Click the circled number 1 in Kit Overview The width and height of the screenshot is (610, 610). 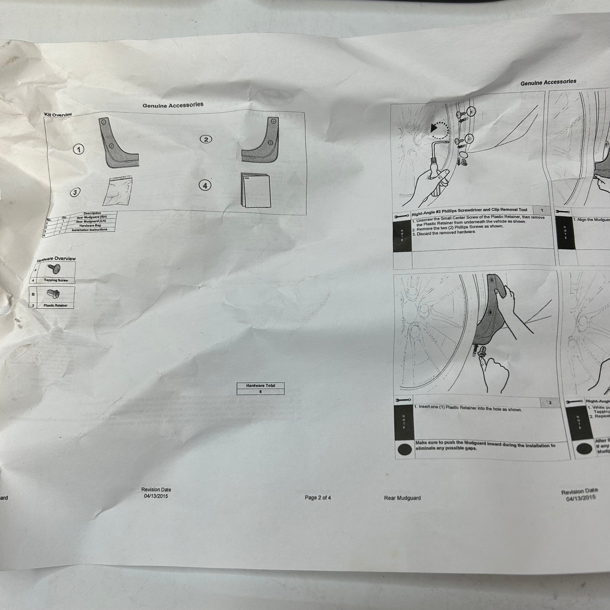coord(79,149)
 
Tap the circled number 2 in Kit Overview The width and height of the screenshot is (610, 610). coord(206,139)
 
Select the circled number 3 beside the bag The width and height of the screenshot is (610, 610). coord(75,192)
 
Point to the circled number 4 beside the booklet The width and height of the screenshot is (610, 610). coord(205,186)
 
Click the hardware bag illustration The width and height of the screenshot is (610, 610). coord(117,192)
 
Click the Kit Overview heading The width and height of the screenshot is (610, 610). coord(58,115)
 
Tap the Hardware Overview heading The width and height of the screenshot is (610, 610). coord(56,259)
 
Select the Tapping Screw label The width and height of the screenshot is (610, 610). coord(56,280)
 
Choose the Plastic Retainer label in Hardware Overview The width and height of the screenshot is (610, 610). coord(55,305)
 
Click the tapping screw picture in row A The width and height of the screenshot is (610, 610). coord(54,269)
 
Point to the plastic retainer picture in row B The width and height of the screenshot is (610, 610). coord(54,294)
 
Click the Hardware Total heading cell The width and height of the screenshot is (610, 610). coord(260,386)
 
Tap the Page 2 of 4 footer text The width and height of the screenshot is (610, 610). coord(318,497)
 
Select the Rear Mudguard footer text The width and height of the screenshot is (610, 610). coord(402,498)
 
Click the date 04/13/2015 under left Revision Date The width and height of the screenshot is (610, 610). coord(156,496)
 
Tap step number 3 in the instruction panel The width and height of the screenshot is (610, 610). coord(550,402)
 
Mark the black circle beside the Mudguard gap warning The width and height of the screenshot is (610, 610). coord(405,449)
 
